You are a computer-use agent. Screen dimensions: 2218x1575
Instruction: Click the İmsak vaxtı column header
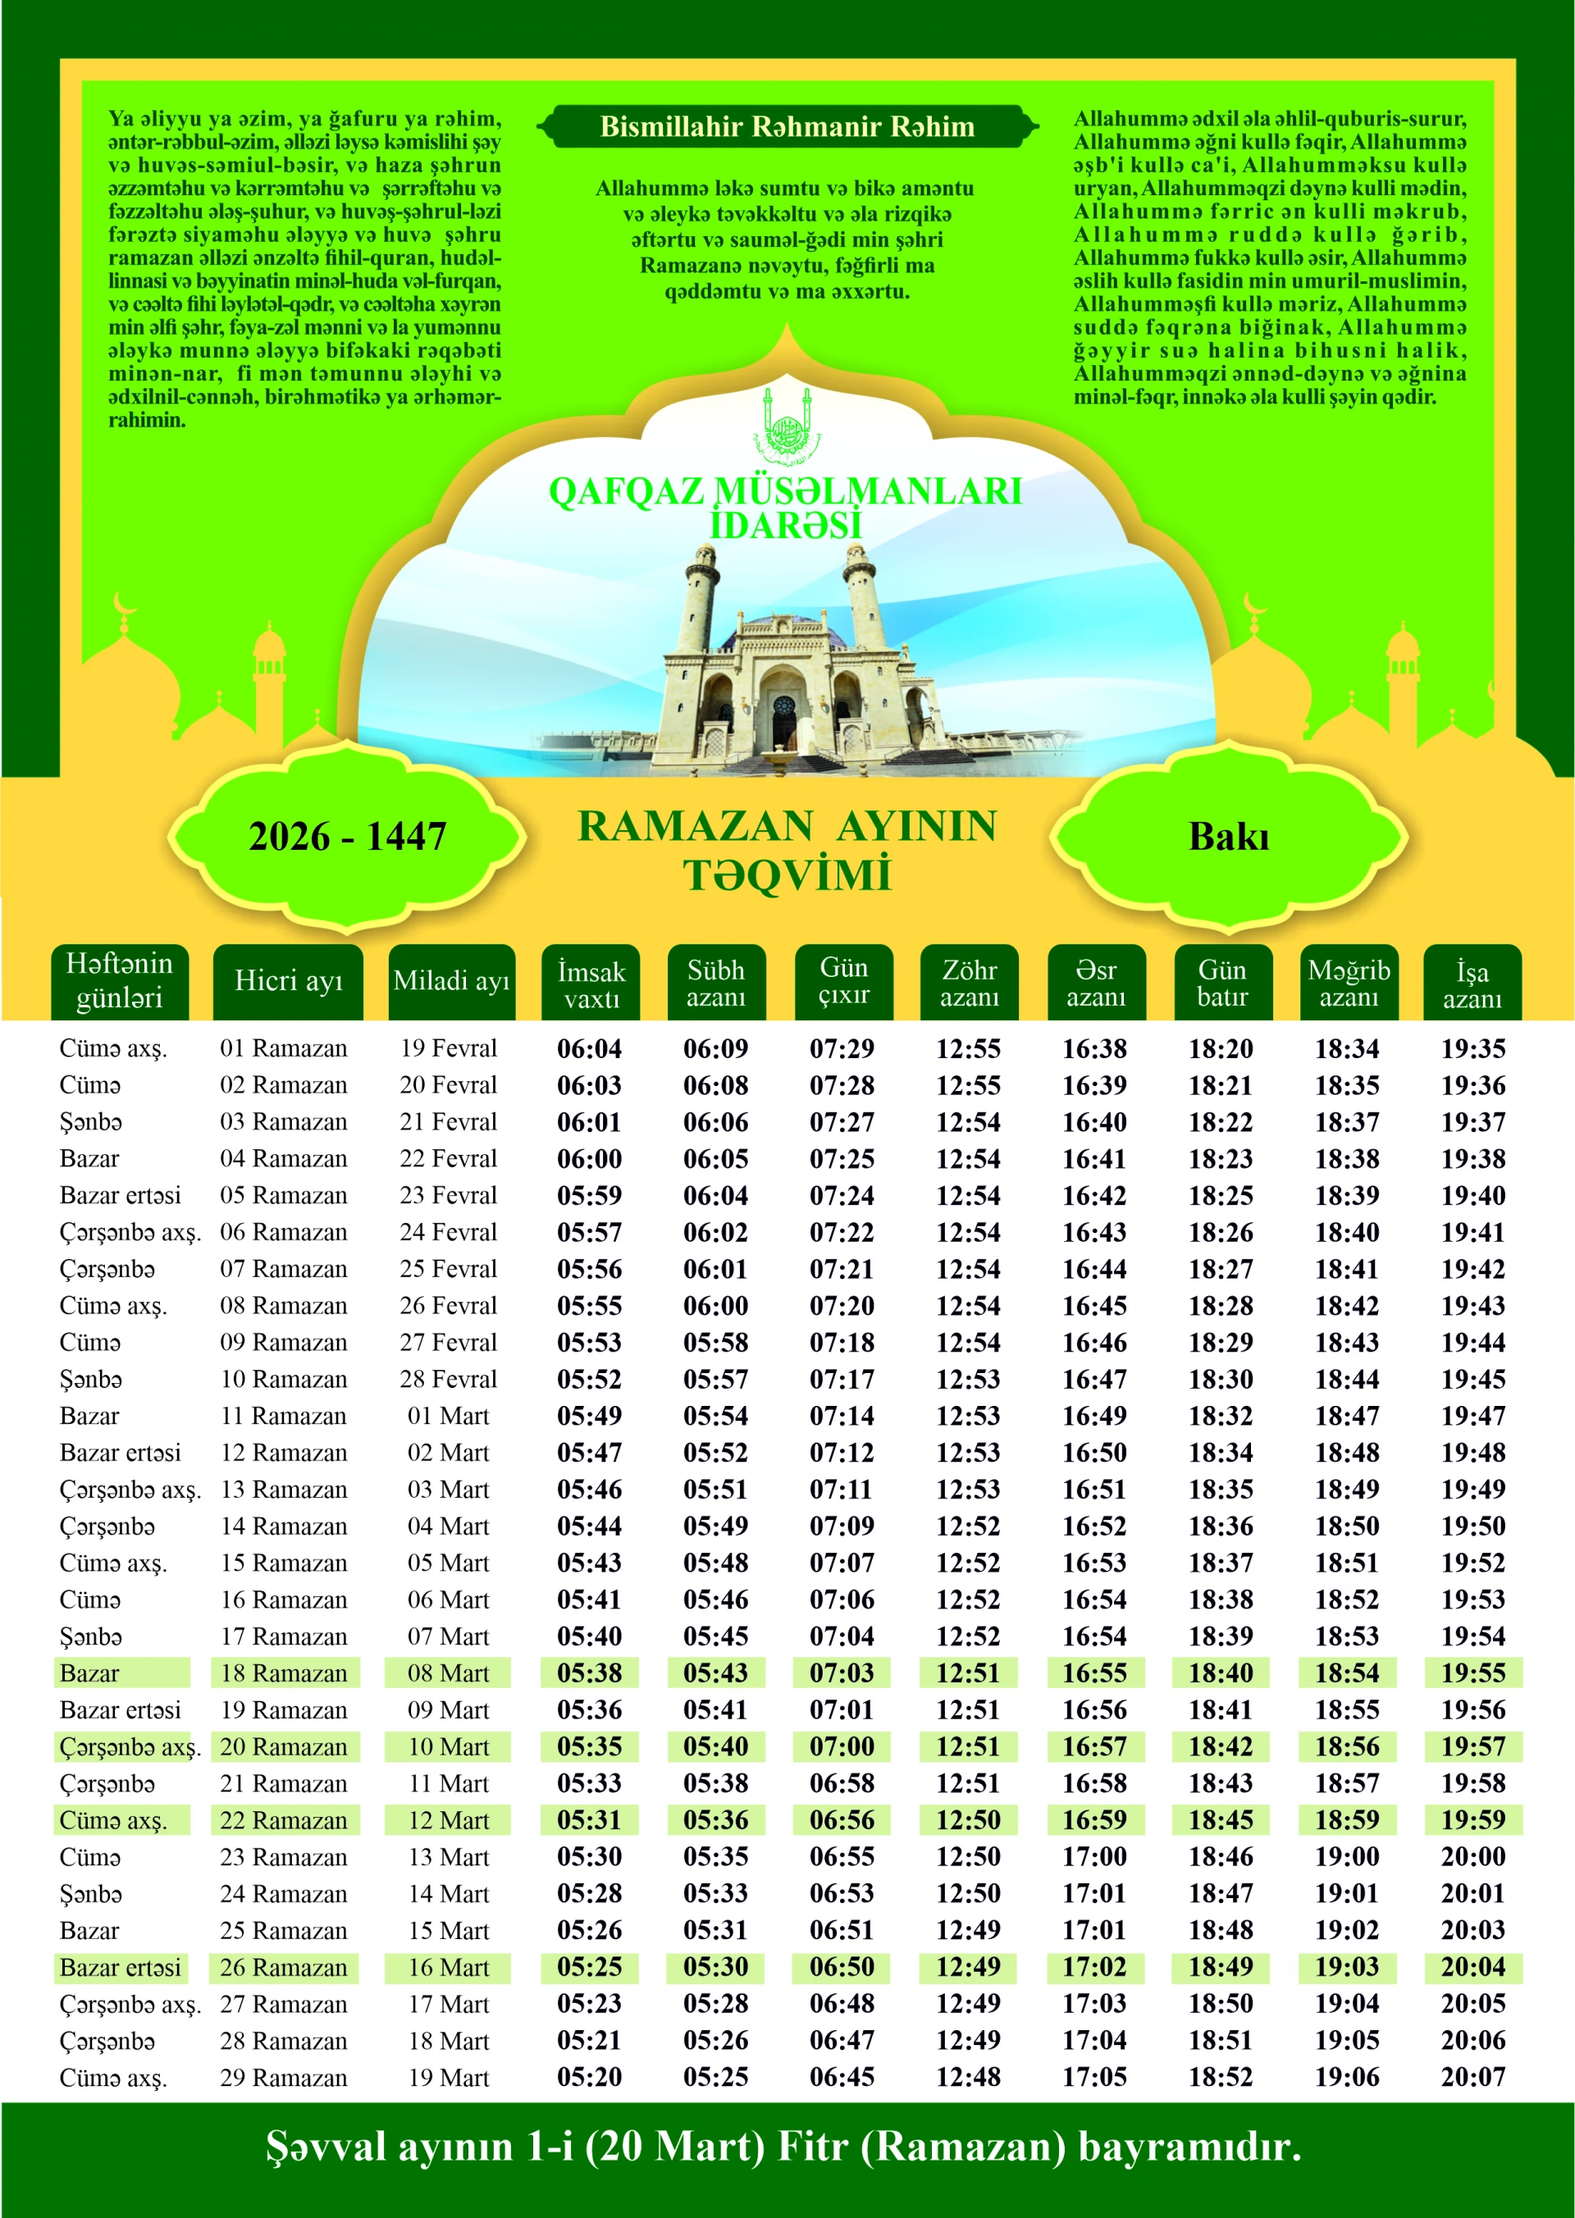pos(591,983)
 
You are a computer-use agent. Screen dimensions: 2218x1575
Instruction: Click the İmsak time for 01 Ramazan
pos(590,1048)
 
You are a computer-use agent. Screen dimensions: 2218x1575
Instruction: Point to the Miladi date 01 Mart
pos(448,1416)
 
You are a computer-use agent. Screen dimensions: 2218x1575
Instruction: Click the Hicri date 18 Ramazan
pos(283,1673)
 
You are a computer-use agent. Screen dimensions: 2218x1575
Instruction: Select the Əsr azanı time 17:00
pos(1094,1856)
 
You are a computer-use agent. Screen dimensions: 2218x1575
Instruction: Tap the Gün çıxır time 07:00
pos(842,1746)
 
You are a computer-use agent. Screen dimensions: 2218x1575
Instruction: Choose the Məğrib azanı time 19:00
pos(1347,1856)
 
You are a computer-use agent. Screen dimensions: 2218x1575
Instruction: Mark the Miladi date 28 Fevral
pos(448,1379)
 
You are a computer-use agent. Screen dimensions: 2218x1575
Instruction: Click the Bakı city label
pos(1229,837)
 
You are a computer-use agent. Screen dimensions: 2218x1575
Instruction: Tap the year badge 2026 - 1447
pos(347,836)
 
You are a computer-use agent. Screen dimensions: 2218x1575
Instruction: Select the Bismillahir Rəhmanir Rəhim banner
pos(787,127)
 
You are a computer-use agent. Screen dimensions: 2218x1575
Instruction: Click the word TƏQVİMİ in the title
pos(787,874)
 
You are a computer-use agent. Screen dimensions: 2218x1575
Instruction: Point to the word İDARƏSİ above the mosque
pos(786,526)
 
